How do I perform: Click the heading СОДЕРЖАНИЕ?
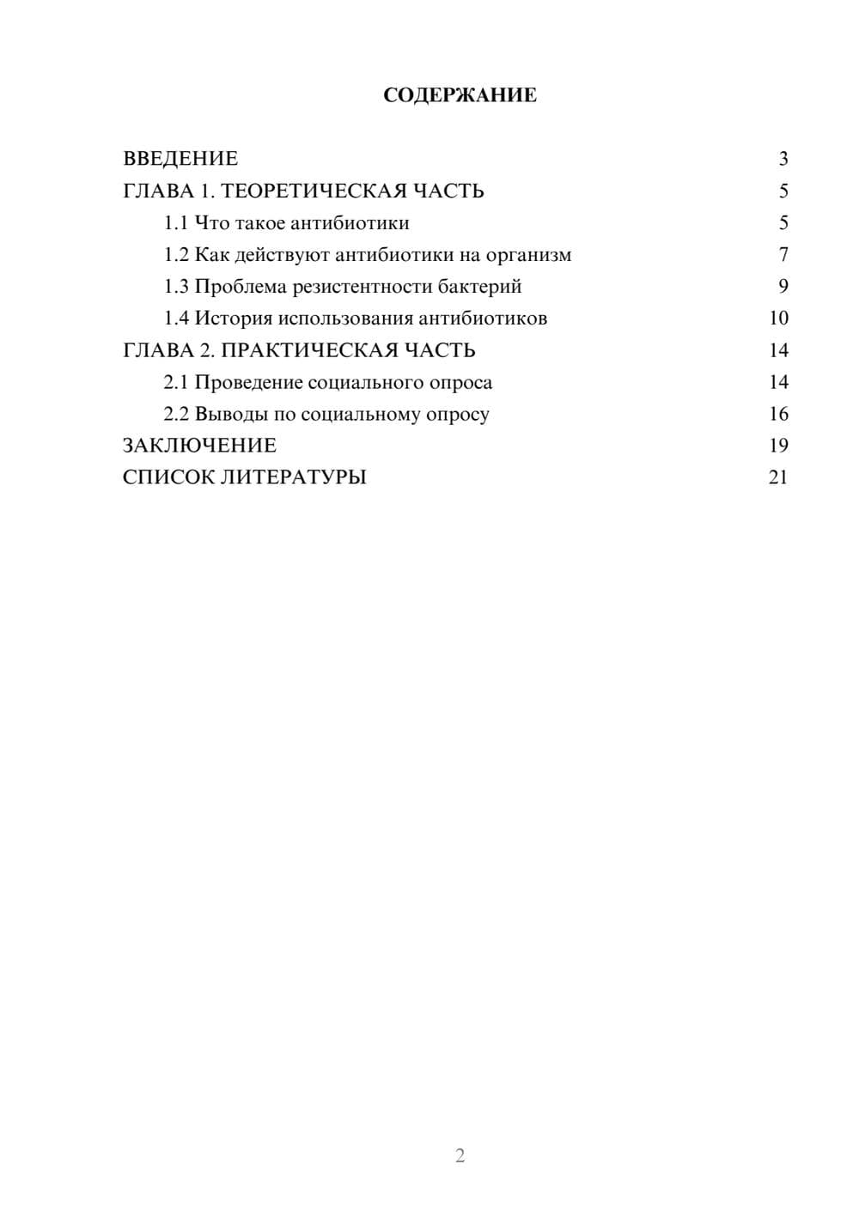pos(460,95)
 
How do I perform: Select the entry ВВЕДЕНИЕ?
pos(180,159)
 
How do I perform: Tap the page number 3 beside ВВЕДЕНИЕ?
pos(783,159)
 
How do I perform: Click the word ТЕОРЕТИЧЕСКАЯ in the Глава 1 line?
pos(314,191)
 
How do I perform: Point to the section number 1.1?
pos(176,223)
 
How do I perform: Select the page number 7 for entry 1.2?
pos(783,255)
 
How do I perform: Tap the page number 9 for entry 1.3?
pos(783,287)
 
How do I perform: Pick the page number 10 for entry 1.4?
pos(778,319)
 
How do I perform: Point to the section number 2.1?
pos(176,382)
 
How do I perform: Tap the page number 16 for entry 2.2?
pos(778,415)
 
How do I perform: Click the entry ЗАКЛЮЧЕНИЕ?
pos(199,446)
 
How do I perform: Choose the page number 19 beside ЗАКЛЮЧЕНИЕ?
pos(778,446)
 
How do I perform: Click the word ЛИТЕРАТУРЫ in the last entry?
pos(294,477)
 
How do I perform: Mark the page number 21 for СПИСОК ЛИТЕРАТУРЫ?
pos(778,477)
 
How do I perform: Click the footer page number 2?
pos(460,1156)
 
